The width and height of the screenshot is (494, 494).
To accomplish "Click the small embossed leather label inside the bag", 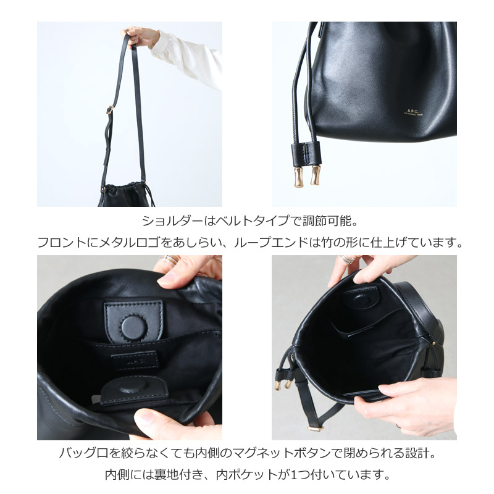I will pos(134,361).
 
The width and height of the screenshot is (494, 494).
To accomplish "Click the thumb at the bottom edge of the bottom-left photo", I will pos(167,426).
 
